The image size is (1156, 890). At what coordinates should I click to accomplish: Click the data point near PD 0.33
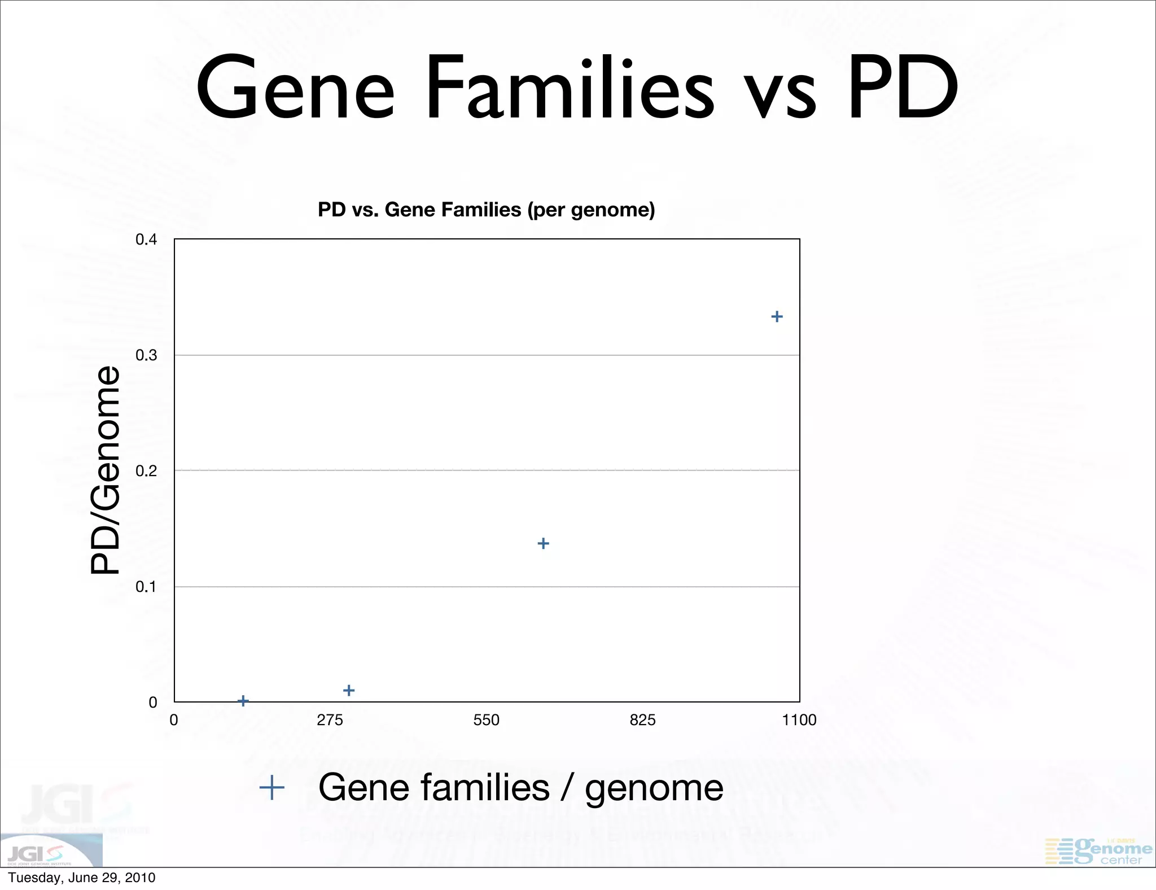click(x=777, y=316)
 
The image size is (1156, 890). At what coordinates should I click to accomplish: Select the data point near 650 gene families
click(x=543, y=543)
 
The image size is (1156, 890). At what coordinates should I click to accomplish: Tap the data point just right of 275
click(x=349, y=690)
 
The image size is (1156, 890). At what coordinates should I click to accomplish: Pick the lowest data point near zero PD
click(x=243, y=701)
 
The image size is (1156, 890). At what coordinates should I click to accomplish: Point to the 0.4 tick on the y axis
click(x=146, y=239)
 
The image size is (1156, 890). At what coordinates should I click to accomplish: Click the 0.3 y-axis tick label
click(x=146, y=355)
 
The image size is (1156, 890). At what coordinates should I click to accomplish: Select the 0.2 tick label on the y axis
click(x=146, y=471)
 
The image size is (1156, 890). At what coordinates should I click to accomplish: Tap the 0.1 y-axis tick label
click(x=146, y=587)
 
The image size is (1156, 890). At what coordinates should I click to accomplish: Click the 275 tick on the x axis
click(x=330, y=720)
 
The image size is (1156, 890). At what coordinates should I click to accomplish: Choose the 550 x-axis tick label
click(x=487, y=720)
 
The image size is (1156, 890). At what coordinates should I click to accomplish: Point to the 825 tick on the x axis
click(x=643, y=720)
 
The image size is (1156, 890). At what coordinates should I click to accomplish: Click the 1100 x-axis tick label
click(x=799, y=720)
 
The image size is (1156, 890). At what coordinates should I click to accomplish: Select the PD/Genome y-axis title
click(x=106, y=470)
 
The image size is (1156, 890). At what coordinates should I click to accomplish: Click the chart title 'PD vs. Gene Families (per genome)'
click(x=486, y=210)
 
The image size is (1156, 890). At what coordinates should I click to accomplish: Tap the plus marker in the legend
click(x=272, y=787)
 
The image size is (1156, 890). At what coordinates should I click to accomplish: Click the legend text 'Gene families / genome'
click(x=520, y=787)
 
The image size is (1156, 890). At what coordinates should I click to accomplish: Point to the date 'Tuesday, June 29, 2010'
click(x=82, y=878)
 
